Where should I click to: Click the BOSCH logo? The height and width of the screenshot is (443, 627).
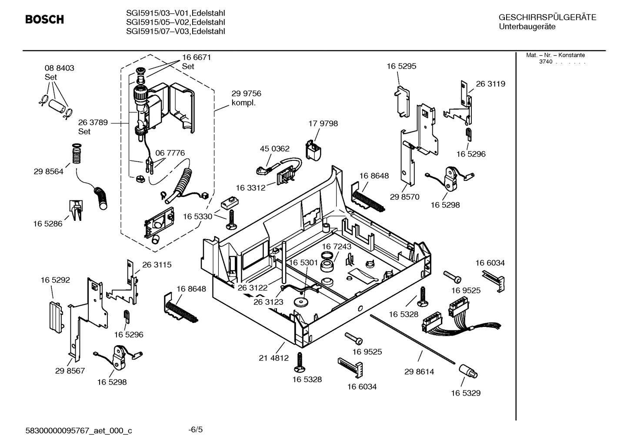click(44, 20)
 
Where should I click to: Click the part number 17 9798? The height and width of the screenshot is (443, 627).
click(323, 123)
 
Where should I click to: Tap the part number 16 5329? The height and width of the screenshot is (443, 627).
click(465, 393)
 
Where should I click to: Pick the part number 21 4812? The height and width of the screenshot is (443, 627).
click(273, 358)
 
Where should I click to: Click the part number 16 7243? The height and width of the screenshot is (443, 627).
click(337, 246)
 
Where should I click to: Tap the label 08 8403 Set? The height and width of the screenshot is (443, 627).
click(59, 73)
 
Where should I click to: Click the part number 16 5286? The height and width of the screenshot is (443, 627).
click(47, 224)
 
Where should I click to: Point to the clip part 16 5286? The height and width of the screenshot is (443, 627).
click(75, 210)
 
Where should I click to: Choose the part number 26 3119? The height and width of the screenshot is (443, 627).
click(490, 84)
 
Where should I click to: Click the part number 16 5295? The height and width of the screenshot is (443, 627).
click(401, 66)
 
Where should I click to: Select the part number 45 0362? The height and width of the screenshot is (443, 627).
click(274, 149)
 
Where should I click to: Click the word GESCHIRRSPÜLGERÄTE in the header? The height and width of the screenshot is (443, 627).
click(547, 17)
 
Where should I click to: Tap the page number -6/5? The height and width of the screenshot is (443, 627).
click(195, 430)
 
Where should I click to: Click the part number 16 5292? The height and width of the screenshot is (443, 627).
click(55, 280)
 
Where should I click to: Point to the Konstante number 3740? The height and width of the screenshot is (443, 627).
click(545, 62)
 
